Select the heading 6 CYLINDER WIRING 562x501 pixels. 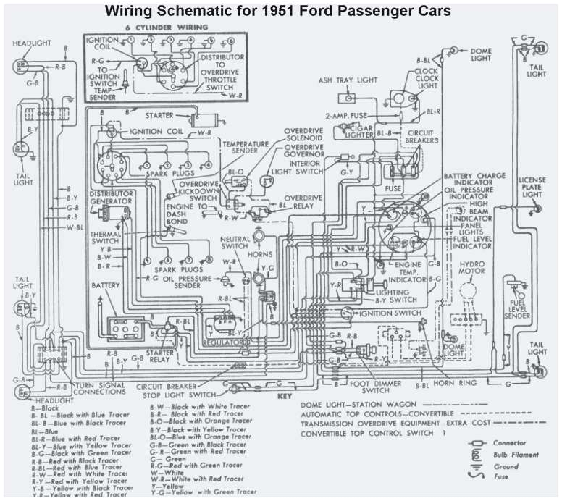166,27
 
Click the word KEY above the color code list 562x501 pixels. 284,397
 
